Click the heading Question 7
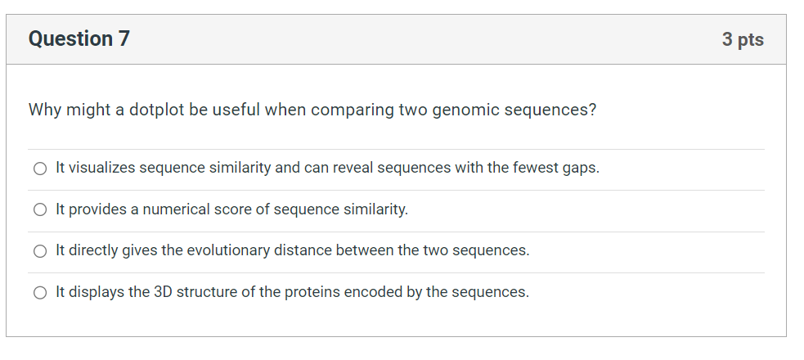[x=79, y=39]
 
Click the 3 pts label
[x=743, y=39]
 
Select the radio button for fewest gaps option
[x=40, y=169]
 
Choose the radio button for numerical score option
[x=40, y=209]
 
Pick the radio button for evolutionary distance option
[x=40, y=250]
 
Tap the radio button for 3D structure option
[x=40, y=292]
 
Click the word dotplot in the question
[x=156, y=110]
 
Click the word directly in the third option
[x=93, y=250]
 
